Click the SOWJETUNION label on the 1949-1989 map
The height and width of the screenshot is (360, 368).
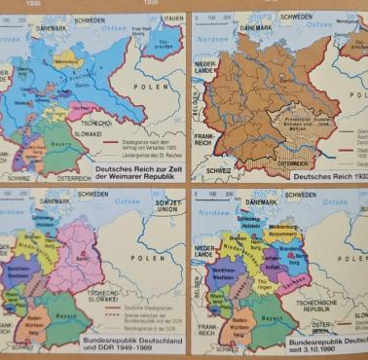coord(167,207)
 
